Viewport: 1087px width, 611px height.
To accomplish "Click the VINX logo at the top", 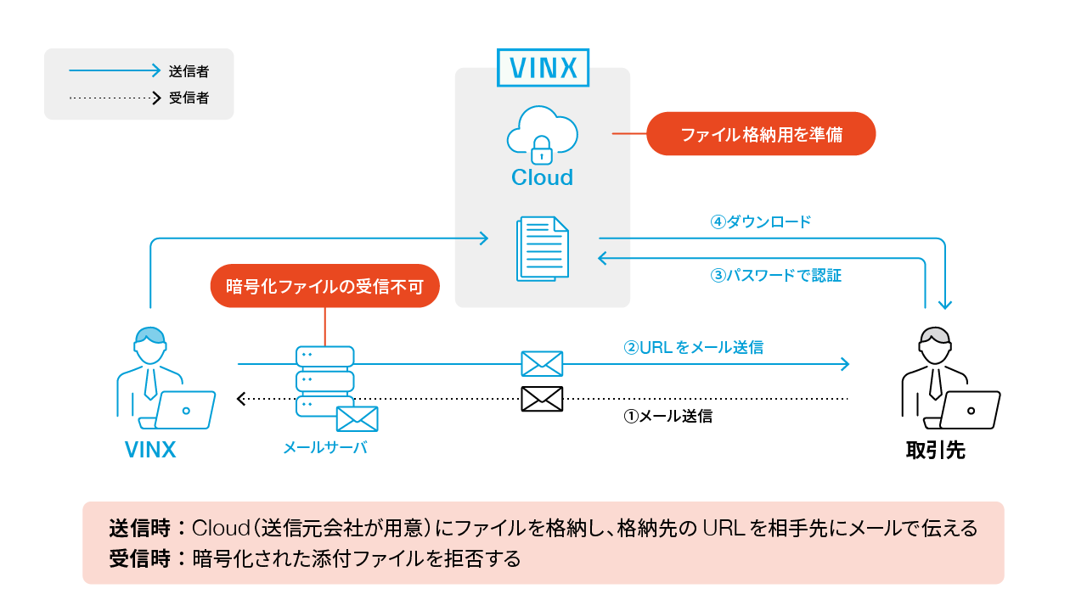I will coord(543,66).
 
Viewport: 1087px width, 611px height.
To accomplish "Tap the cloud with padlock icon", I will coord(542,136).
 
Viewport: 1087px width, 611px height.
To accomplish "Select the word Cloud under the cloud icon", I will coord(542,177).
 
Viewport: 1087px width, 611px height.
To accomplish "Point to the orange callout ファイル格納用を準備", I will coord(761,134).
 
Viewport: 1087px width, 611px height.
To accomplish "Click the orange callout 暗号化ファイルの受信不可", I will coord(324,286).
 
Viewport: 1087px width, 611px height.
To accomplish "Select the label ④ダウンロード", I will coord(761,222).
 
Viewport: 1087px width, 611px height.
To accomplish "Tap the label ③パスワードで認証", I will coord(775,275).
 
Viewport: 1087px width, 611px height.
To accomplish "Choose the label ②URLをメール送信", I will coord(694,347).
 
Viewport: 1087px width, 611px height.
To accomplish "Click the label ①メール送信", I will coord(667,417).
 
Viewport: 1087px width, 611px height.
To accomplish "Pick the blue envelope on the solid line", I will coord(542,363).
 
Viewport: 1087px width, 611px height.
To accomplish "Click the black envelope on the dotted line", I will coord(542,398).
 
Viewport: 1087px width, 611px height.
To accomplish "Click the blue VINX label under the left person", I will coord(150,450).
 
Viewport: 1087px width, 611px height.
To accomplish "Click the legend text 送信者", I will coord(189,71).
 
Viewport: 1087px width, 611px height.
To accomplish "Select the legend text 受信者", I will coord(189,98).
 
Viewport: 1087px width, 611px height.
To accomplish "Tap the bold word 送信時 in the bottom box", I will coord(140,529).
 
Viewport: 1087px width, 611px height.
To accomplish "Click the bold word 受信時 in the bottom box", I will coord(140,559).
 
